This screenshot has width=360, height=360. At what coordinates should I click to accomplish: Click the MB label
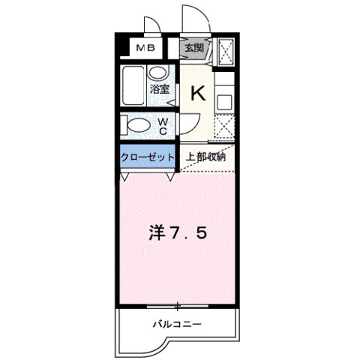pos(145,48)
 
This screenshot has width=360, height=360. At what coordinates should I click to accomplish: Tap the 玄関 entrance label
pos(194,48)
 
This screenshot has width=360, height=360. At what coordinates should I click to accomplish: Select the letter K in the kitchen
pos(198,93)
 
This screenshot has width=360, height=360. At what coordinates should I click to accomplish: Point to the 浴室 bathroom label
pos(160,89)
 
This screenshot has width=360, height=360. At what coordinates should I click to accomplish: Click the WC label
pos(163,126)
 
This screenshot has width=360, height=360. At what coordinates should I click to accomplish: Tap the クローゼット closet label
pos(147,157)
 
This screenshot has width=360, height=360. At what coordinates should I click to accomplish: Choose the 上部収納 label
pos(205,157)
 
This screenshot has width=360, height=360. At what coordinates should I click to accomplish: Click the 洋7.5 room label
pos(178,232)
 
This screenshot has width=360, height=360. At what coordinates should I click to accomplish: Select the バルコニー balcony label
pos(177,325)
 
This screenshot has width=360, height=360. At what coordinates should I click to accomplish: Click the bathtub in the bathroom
pos(133,85)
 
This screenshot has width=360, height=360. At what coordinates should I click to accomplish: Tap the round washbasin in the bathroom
pos(157,73)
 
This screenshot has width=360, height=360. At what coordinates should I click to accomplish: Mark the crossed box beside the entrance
pos(226,52)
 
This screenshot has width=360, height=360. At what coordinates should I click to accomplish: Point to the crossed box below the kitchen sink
pos(224,127)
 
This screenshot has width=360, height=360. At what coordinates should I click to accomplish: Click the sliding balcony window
pos(178,306)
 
